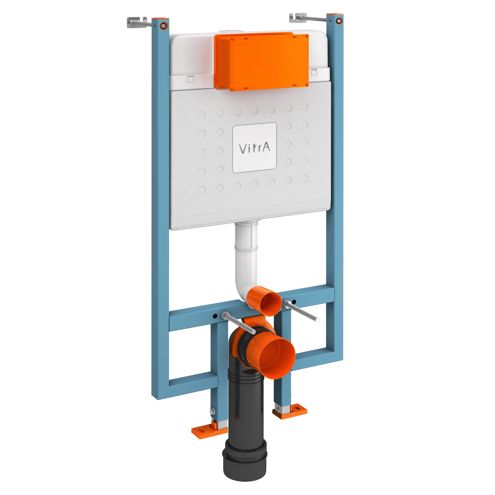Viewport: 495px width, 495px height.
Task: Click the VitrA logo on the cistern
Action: [255, 148]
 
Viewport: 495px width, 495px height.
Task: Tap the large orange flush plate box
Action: [262, 62]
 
